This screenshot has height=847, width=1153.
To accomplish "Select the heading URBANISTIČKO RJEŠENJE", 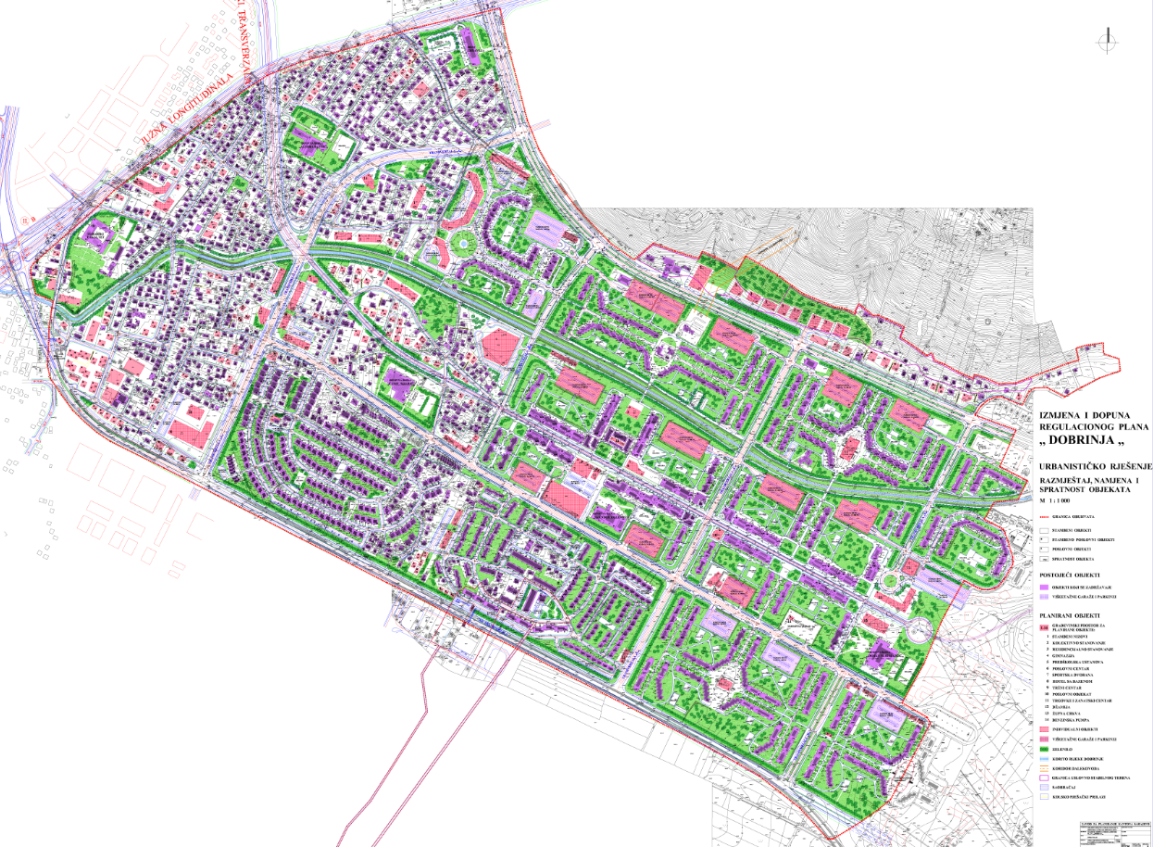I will coord(1092,464).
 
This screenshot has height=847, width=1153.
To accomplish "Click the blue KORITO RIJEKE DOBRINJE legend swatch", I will coord(1044,758).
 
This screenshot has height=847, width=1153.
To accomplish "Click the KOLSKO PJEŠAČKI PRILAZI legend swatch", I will coord(1044,796).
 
